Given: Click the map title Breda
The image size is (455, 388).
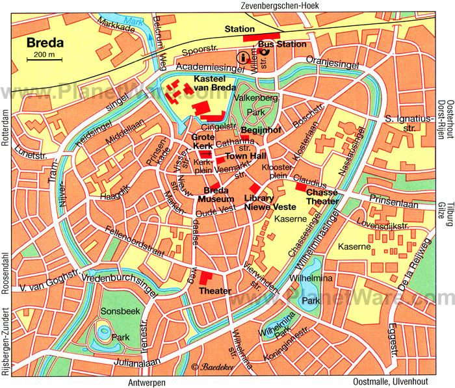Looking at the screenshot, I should pos(45,44).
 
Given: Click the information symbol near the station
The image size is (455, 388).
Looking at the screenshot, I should pos(244,58).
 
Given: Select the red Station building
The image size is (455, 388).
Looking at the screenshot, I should pos(261,38).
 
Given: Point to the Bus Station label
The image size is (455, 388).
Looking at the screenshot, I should pos(281,44).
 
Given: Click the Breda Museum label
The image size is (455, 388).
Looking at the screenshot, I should pos(214,194).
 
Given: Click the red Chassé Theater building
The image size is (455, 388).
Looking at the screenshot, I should pos(301,187).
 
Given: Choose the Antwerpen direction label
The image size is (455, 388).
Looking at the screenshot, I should pos(149,382).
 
